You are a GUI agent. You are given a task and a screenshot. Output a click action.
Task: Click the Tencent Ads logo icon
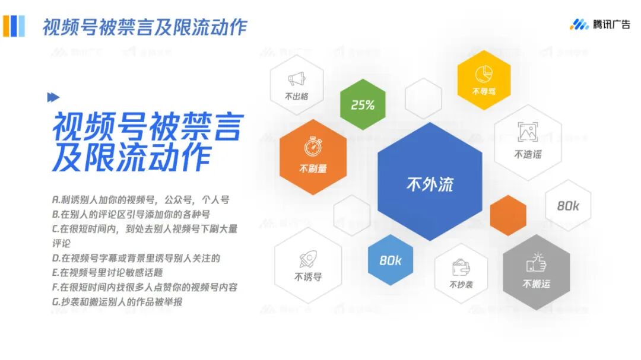click(579, 24)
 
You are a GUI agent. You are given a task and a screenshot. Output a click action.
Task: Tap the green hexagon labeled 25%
click(363, 105)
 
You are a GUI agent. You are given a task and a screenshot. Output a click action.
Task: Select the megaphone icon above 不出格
click(297, 79)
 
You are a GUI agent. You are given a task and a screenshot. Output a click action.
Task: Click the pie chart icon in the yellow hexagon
click(484, 74)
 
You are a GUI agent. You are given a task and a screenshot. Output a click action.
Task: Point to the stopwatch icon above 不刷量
click(313, 146)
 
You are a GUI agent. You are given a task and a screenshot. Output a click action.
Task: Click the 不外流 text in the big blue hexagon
click(430, 184)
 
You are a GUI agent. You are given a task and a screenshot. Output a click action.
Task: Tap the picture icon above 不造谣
click(528, 132)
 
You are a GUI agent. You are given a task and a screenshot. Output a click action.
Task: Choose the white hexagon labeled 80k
click(568, 206)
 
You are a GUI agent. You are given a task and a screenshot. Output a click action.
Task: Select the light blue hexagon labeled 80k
click(391, 260)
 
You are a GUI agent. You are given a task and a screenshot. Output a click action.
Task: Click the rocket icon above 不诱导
click(307, 259)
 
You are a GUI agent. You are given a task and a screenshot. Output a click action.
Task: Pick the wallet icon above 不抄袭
click(461, 267)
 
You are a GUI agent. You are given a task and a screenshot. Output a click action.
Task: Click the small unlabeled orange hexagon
click(508, 215)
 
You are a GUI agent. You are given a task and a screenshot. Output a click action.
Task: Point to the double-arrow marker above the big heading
click(53, 97)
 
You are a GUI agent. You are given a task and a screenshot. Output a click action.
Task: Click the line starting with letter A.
click(141, 200)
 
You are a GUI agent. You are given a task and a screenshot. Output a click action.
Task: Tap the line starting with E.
click(107, 272)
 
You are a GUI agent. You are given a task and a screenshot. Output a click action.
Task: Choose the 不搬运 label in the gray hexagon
click(536, 284)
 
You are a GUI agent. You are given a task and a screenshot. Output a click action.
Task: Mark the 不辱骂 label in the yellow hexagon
click(484, 92)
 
